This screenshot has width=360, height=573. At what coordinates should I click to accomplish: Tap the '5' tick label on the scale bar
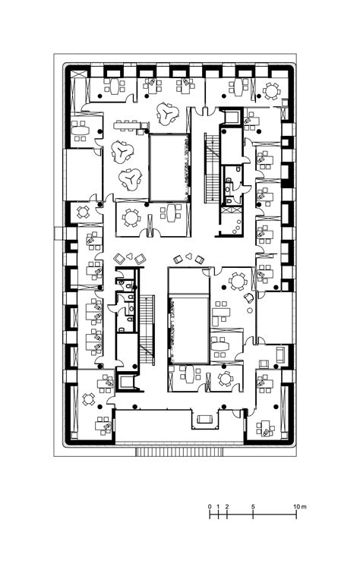click(x=253, y=506)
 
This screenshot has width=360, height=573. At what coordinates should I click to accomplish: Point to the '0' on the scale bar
click(x=210, y=506)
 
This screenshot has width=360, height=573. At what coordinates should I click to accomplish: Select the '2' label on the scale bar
click(x=228, y=506)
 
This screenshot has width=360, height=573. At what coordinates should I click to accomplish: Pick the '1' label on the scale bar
click(x=219, y=506)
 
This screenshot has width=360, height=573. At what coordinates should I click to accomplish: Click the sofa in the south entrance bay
click(x=204, y=418)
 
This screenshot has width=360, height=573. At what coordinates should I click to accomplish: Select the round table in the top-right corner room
click(x=270, y=91)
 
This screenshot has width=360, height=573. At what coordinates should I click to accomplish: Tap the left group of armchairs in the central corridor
click(x=134, y=257)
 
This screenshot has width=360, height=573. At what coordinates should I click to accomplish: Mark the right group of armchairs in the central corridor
click(x=189, y=259)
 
